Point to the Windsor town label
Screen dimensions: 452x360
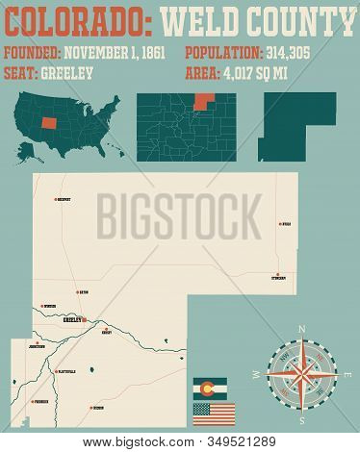tap(50, 308)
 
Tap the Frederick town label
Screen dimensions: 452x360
tap(41, 404)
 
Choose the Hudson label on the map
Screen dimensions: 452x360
tap(98, 408)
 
